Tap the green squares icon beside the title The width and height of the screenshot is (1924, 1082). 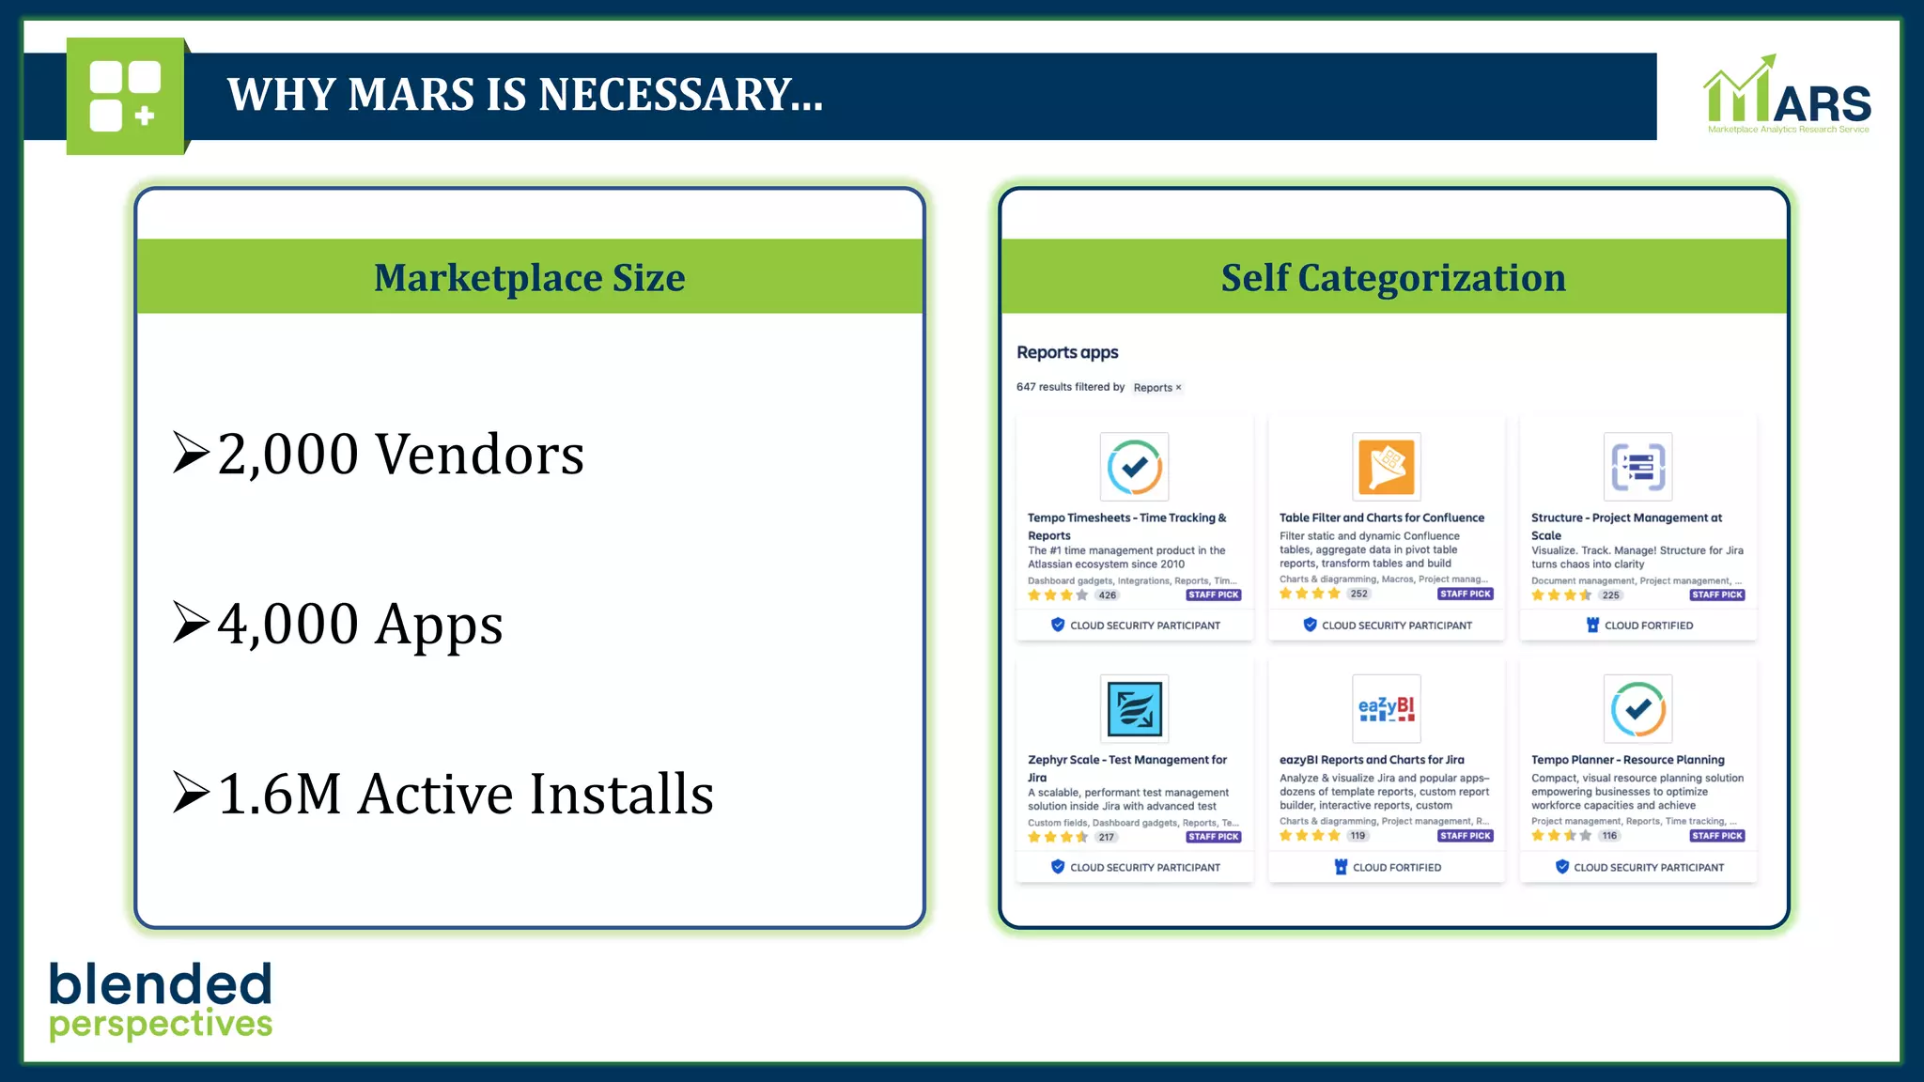pyautogui.click(x=125, y=96)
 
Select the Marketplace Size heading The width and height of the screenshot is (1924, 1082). pyautogui.click(x=529, y=278)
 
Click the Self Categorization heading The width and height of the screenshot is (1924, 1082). pyautogui.click(x=1393, y=278)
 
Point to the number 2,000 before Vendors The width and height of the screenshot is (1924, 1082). pyautogui.click(x=287, y=455)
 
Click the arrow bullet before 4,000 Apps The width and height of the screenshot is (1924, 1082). pyautogui.click(x=191, y=623)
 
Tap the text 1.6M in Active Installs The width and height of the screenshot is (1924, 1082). pyautogui.click(x=279, y=795)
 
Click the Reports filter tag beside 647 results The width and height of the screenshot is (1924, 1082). pyautogui.click(x=1156, y=387)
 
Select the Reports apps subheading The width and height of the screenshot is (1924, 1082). pyautogui.click(x=1067, y=352)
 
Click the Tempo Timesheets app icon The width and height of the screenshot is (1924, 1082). pyautogui.click(x=1134, y=466)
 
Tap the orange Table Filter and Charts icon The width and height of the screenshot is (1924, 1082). pyautogui.click(x=1386, y=466)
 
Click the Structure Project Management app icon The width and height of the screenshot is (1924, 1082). pyautogui.click(x=1637, y=466)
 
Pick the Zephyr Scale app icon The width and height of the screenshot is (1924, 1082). pyautogui.click(x=1134, y=708)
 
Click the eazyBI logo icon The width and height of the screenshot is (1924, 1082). pyautogui.click(x=1386, y=708)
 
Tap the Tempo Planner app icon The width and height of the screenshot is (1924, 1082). pyautogui.click(x=1637, y=708)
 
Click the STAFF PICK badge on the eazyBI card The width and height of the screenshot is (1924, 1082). pyautogui.click(x=1465, y=836)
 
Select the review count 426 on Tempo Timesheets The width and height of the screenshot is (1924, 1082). pyautogui.click(x=1108, y=595)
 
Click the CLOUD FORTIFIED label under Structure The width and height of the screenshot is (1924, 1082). pyautogui.click(x=1648, y=626)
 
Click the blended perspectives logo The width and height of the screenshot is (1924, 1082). pyautogui.click(x=161, y=1001)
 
